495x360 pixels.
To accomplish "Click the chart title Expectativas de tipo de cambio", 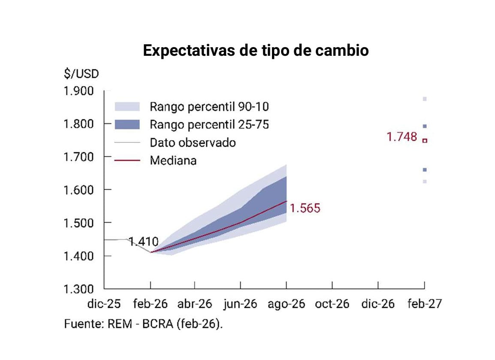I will click(x=256, y=51).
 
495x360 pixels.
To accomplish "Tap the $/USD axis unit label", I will click(x=81, y=74).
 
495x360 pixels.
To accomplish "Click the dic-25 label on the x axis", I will click(x=104, y=304).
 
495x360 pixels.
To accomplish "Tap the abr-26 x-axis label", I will click(x=195, y=304).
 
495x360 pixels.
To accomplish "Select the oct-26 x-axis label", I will click(x=332, y=304).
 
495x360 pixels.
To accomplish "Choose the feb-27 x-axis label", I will click(x=424, y=304).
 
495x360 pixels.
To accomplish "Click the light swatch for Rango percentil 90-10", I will click(x=127, y=106).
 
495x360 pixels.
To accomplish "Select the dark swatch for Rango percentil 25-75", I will click(x=127, y=124).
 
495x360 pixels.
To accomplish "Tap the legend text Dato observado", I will click(x=193, y=142).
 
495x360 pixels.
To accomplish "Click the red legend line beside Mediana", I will click(x=127, y=160).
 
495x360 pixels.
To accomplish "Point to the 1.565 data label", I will click(x=305, y=209).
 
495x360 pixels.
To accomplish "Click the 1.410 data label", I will click(x=144, y=242).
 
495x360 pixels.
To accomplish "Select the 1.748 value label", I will click(x=402, y=137).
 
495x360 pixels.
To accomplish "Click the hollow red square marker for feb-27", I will click(x=425, y=140).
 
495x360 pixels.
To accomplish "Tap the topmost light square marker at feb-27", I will click(x=425, y=99).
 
